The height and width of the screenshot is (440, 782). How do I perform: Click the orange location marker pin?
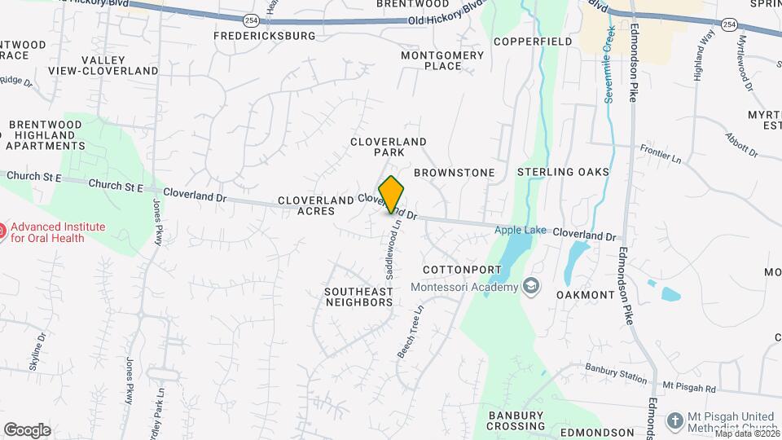coord(391,194)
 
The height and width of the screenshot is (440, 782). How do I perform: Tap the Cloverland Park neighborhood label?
coord(389,147)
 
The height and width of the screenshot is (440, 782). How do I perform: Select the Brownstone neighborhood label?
coord(454,173)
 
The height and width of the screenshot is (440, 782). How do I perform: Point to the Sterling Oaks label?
coord(563,172)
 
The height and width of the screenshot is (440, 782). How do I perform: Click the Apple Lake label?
coord(520,231)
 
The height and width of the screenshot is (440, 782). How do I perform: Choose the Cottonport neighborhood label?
coord(460,269)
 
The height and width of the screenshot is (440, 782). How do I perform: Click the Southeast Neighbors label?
coord(358,296)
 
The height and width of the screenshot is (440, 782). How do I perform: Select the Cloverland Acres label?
coord(306,205)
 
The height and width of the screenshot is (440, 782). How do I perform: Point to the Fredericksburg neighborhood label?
coord(264,36)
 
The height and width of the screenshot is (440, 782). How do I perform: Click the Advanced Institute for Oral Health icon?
coord(3,231)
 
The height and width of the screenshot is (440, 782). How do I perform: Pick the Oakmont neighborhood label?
coord(585,294)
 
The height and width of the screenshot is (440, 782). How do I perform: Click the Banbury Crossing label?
coord(516,420)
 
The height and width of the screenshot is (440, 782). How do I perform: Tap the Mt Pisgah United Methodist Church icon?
coord(674,420)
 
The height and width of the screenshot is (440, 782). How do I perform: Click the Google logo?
coord(27,429)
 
